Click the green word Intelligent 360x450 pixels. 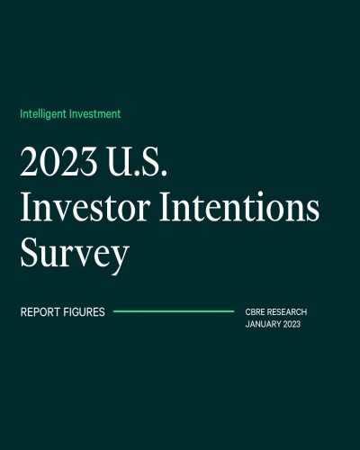(x=43, y=114)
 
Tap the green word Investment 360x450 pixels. (x=94, y=113)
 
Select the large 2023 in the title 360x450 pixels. (x=58, y=161)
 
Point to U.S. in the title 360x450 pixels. (x=137, y=161)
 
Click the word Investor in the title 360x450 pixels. (x=85, y=207)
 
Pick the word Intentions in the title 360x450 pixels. (x=239, y=206)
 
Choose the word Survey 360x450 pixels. (x=75, y=255)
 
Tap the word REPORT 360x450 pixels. (x=40, y=312)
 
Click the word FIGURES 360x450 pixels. (x=84, y=312)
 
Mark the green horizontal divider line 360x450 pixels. (x=174, y=311)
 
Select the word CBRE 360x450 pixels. (x=255, y=312)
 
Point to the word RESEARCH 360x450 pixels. (x=287, y=312)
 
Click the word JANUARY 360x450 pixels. (x=263, y=324)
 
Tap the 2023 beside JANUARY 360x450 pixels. (x=292, y=324)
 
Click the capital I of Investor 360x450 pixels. (x=26, y=207)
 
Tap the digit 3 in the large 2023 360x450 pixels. (x=87, y=161)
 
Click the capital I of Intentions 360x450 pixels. (x=166, y=207)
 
